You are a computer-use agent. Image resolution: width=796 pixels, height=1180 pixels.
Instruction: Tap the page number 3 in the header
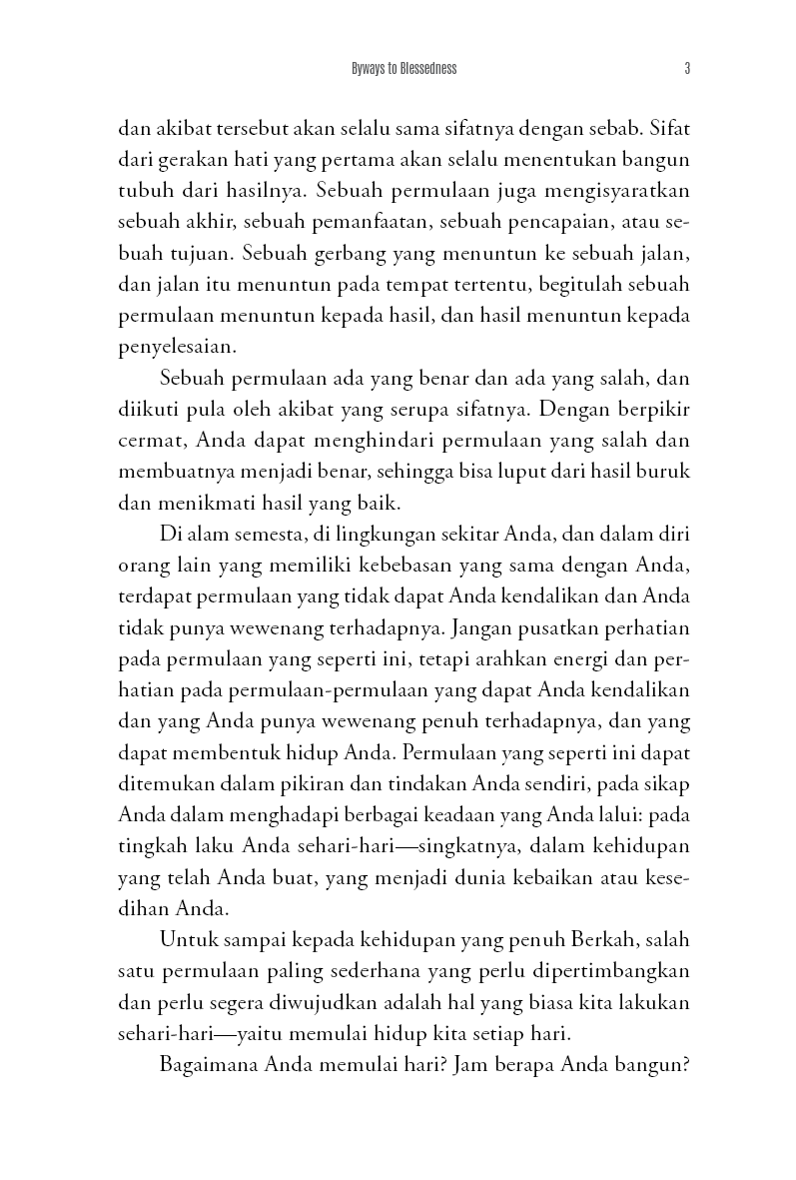(687, 69)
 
